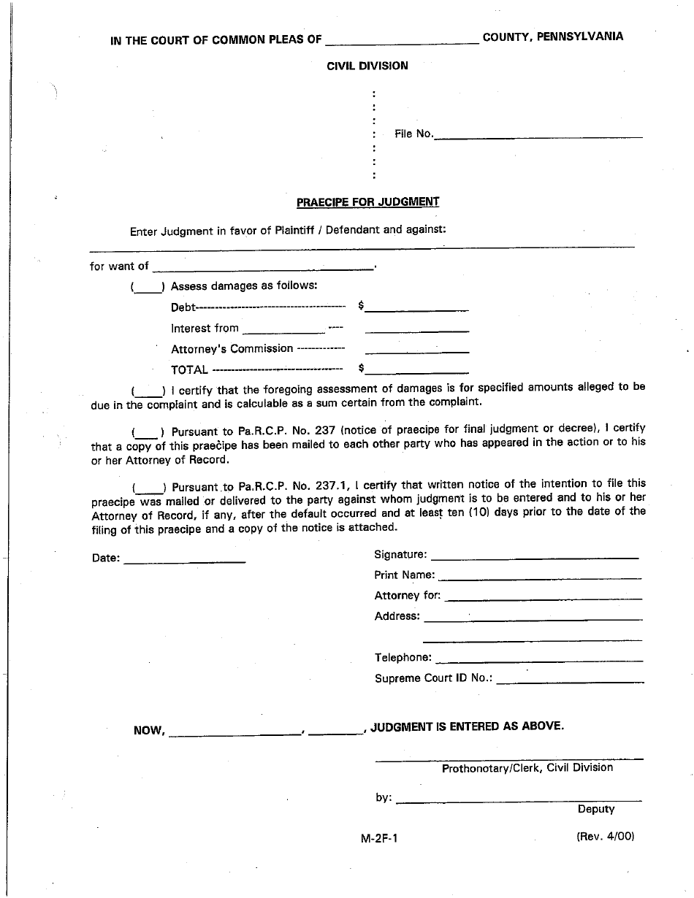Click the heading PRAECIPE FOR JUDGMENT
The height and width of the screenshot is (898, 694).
[367, 202]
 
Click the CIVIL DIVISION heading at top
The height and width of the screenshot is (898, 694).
[367, 66]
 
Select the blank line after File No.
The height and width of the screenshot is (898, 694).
[538, 136]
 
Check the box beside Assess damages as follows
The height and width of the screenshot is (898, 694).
[148, 288]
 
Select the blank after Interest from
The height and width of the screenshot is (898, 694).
[283, 331]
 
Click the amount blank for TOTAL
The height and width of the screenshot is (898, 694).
[416, 372]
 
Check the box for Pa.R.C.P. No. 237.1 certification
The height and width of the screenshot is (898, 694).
[149, 488]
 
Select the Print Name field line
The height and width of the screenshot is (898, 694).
[540, 577]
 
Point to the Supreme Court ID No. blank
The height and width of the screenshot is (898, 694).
[570, 680]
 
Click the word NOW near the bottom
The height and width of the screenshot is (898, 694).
[148, 731]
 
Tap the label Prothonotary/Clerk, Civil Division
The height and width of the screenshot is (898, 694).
[527, 768]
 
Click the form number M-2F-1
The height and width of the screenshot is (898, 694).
[379, 838]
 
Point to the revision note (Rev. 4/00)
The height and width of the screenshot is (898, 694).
[605, 837]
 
